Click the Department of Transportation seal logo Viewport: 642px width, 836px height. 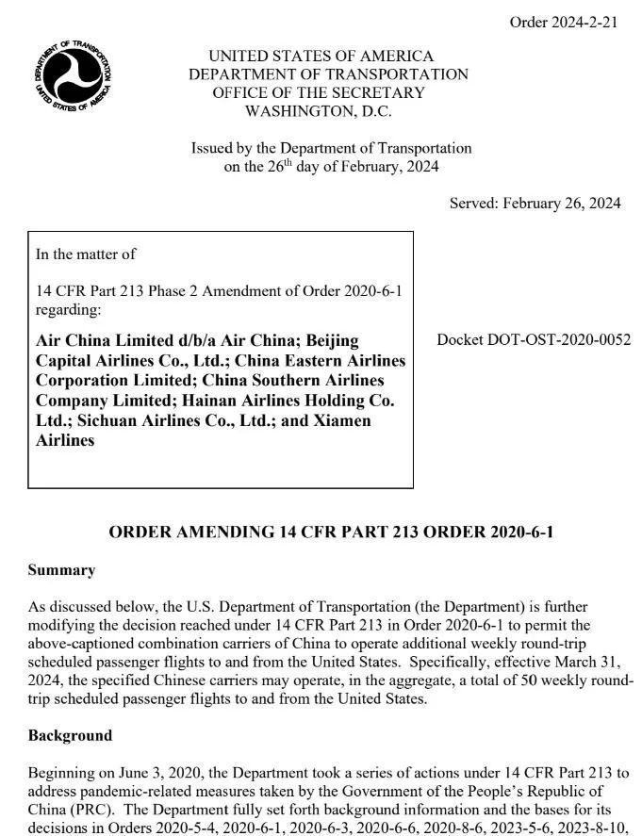tap(73, 76)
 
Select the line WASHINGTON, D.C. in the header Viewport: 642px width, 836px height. tap(319, 111)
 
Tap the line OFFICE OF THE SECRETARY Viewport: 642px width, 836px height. tap(319, 92)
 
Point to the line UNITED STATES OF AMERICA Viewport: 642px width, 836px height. tap(321, 56)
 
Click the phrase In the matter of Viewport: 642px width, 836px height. tap(86, 254)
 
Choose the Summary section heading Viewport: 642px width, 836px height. tap(61, 570)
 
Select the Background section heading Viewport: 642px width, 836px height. tap(70, 735)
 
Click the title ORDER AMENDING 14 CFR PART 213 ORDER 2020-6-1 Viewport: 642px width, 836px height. tap(331, 532)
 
